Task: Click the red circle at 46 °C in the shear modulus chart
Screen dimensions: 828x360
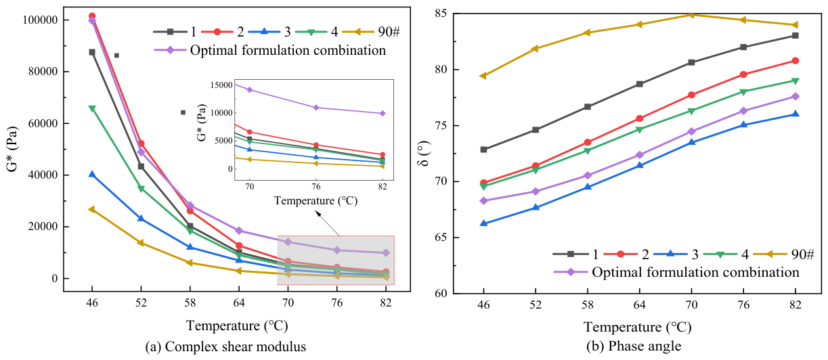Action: pyautogui.click(x=92, y=16)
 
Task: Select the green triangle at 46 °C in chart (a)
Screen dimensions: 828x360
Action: pyautogui.click(x=92, y=108)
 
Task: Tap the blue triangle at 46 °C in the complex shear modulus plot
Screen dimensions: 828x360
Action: pyautogui.click(x=92, y=174)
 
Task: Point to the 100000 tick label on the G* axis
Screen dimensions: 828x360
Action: pyautogui.click(x=41, y=20)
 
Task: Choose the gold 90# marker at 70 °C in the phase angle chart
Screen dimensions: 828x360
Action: pyautogui.click(x=691, y=15)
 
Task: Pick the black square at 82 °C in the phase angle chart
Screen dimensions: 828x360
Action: pyautogui.click(x=795, y=35)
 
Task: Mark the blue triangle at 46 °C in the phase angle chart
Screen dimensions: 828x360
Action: pyautogui.click(x=483, y=223)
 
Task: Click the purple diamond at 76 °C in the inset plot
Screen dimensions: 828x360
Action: pyautogui.click(x=316, y=108)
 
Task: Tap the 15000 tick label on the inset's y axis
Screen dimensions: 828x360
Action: pyautogui.click(x=221, y=85)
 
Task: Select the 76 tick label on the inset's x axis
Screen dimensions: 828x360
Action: pyautogui.click(x=316, y=187)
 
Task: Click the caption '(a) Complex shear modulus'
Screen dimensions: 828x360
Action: pyautogui.click(x=226, y=346)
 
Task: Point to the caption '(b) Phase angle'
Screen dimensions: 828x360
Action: pyautogui.click(x=634, y=346)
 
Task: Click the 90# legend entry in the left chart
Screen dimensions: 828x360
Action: pyautogui.click(x=371, y=32)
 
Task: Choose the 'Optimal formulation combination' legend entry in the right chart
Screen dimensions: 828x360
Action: pyautogui.click(x=676, y=273)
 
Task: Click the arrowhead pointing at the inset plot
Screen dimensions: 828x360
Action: pyautogui.click(x=318, y=213)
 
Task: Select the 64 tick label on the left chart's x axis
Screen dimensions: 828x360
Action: pyautogui.click(x=239, y=303)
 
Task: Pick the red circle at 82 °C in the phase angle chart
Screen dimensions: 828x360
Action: pyautogui.click(x=795, y=61)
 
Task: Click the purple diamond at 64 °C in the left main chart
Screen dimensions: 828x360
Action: pyautogui.click(x=239, y=231)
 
